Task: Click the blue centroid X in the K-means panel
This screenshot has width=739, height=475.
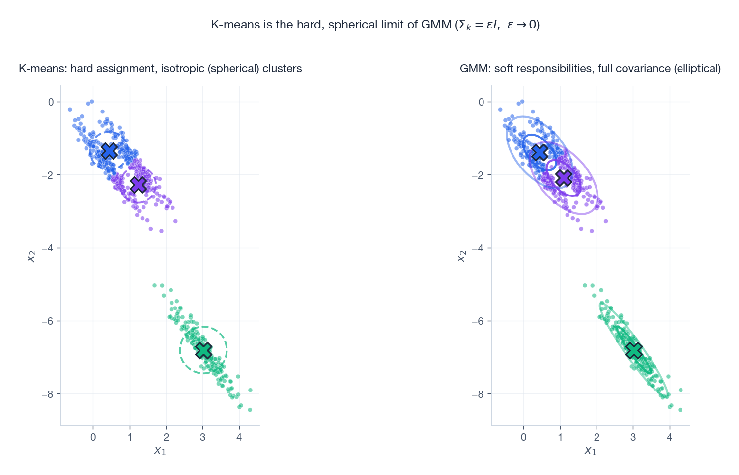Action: (109, 151)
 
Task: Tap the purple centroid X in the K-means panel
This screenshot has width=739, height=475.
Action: (139, 185)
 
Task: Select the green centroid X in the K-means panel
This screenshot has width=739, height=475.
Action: (203, 350)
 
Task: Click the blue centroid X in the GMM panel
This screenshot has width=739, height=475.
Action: (540, 152)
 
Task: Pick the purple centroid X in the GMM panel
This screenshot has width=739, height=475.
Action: (564, 178)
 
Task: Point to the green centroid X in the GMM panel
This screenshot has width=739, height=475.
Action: (634, 350)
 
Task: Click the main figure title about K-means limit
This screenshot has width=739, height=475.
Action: (375, 25)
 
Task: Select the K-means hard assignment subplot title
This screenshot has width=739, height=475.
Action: (160, 69)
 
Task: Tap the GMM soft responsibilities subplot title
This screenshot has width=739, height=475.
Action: (590, 69)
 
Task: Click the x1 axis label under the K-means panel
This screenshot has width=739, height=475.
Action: (160, 450)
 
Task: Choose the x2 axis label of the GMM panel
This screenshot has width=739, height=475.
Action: (461, 255)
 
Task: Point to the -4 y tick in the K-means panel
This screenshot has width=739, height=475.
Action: (48, 248)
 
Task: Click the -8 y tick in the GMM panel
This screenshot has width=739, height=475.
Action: (478, 394)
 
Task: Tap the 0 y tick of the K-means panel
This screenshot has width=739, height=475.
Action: (51, 102)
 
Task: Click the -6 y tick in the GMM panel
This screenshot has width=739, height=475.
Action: (478, 321)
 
